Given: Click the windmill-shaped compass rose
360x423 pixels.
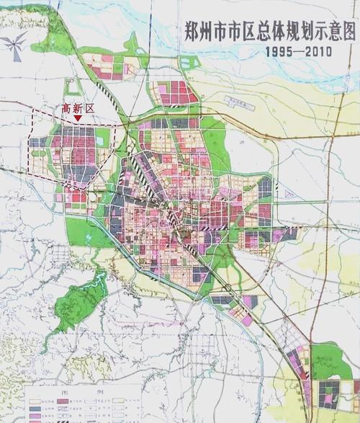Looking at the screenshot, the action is tap(14, 45).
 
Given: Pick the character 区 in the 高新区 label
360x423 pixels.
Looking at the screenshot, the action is tap(90, 108).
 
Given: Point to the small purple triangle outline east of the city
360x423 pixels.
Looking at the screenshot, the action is tap(287, 193).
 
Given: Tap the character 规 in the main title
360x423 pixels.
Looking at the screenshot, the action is tap(289, 32).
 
